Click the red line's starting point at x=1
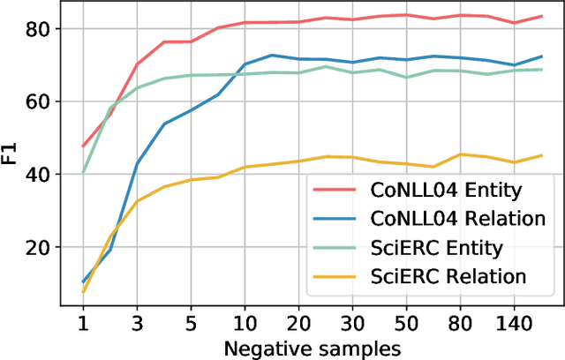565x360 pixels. (x=83, y=146)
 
